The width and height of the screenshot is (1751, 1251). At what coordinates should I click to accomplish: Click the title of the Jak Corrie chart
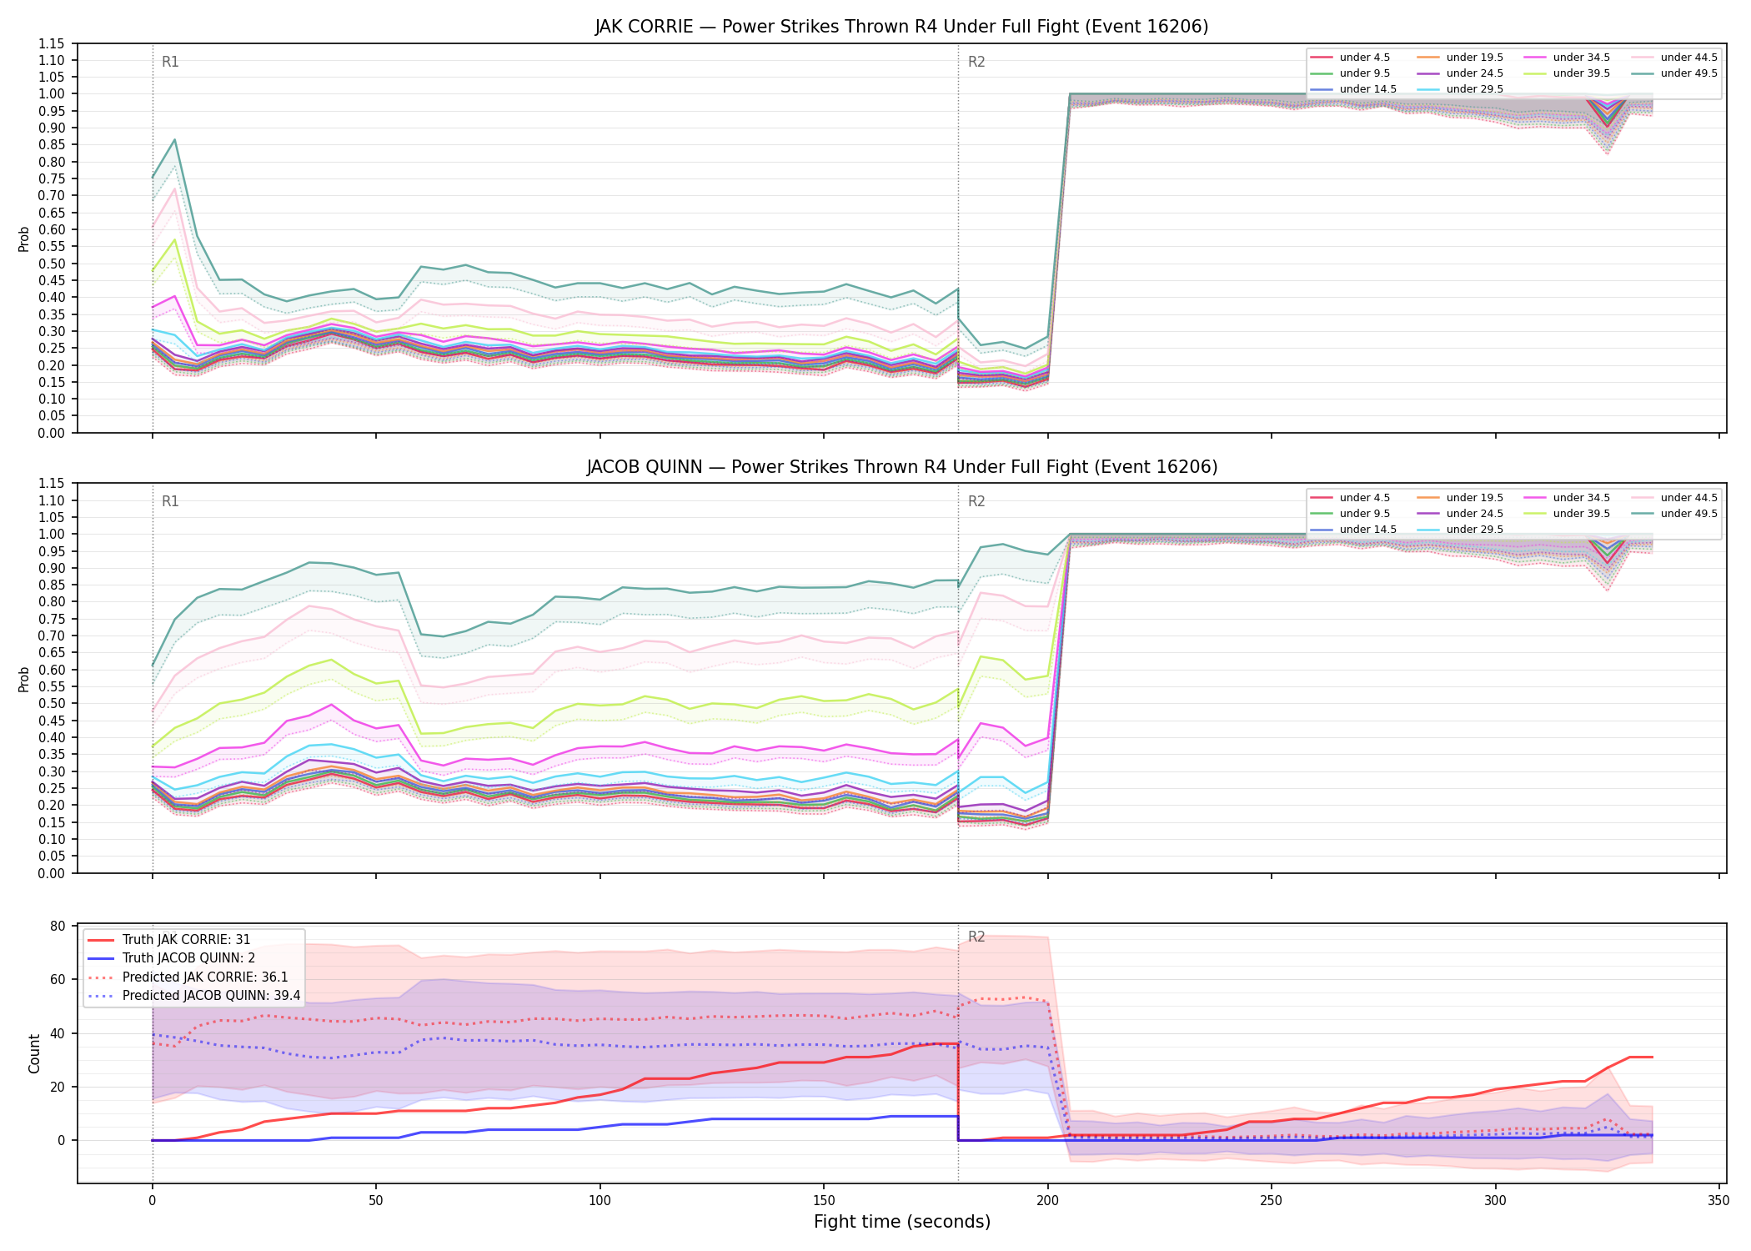pos(901,27)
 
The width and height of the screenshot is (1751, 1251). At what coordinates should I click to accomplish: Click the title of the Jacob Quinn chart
pos(901,467)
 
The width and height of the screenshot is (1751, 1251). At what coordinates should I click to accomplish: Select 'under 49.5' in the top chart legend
pos(1688,73)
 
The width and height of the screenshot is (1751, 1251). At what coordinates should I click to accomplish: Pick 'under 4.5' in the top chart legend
pos(1365,58)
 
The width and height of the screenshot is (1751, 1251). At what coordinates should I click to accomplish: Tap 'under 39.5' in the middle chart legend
pos(1582,514)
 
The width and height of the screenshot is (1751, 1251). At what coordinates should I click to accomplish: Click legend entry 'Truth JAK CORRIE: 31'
pos(186,940)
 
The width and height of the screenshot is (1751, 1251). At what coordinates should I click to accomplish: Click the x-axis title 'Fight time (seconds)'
pos(902,1222)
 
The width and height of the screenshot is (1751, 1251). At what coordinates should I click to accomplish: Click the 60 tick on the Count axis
pos(58,980)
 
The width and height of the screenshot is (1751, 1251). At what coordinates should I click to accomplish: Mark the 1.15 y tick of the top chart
pos(51,43)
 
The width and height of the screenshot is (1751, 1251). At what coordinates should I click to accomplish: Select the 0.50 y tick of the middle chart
pos(51,704)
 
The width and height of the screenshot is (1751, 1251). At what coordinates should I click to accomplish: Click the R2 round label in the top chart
pos(976,62)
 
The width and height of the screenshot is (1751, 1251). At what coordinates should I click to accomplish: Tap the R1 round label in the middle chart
pos(170,501)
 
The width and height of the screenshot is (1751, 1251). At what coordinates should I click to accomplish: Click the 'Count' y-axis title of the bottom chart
pos(34,1053)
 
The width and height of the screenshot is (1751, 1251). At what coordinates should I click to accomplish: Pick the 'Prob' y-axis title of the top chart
pos(24,239)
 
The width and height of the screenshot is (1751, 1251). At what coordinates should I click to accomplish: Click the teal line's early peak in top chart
pos(174,139)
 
